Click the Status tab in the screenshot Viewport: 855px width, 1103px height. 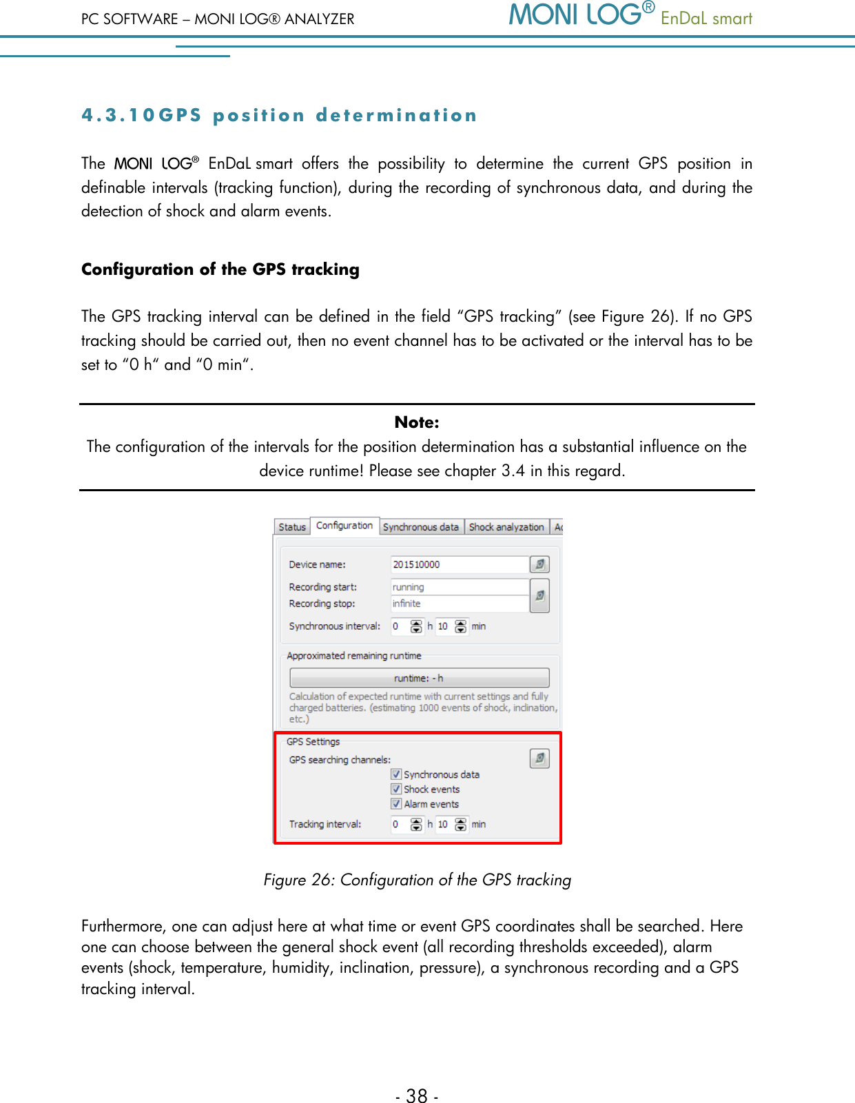pos(292,527)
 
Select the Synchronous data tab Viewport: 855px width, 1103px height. pos(420,527)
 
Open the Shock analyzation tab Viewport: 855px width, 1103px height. pos(506,527)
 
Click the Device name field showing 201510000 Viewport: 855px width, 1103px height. pos(458,564)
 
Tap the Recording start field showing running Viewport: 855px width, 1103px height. pos(458,587)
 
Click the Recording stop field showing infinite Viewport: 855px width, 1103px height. pos(458,604)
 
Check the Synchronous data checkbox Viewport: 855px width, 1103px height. pos(396,774)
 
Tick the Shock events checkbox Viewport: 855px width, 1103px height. pos(396,789)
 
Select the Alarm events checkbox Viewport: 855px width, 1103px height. pos(396,804)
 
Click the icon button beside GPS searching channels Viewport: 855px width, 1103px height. pos(539,759)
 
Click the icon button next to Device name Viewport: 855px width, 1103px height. pos(539,564)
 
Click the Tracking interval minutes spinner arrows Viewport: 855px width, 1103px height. pos(461,825)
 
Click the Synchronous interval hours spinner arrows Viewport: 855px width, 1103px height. pos(416,626)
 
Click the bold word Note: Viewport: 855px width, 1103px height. pos(417,422)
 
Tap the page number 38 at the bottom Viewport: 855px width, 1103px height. pos(417,1095)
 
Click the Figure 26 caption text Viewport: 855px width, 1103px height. pos(417,880)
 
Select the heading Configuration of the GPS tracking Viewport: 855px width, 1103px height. pos(220,269)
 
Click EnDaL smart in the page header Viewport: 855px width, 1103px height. pos(706,19)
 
